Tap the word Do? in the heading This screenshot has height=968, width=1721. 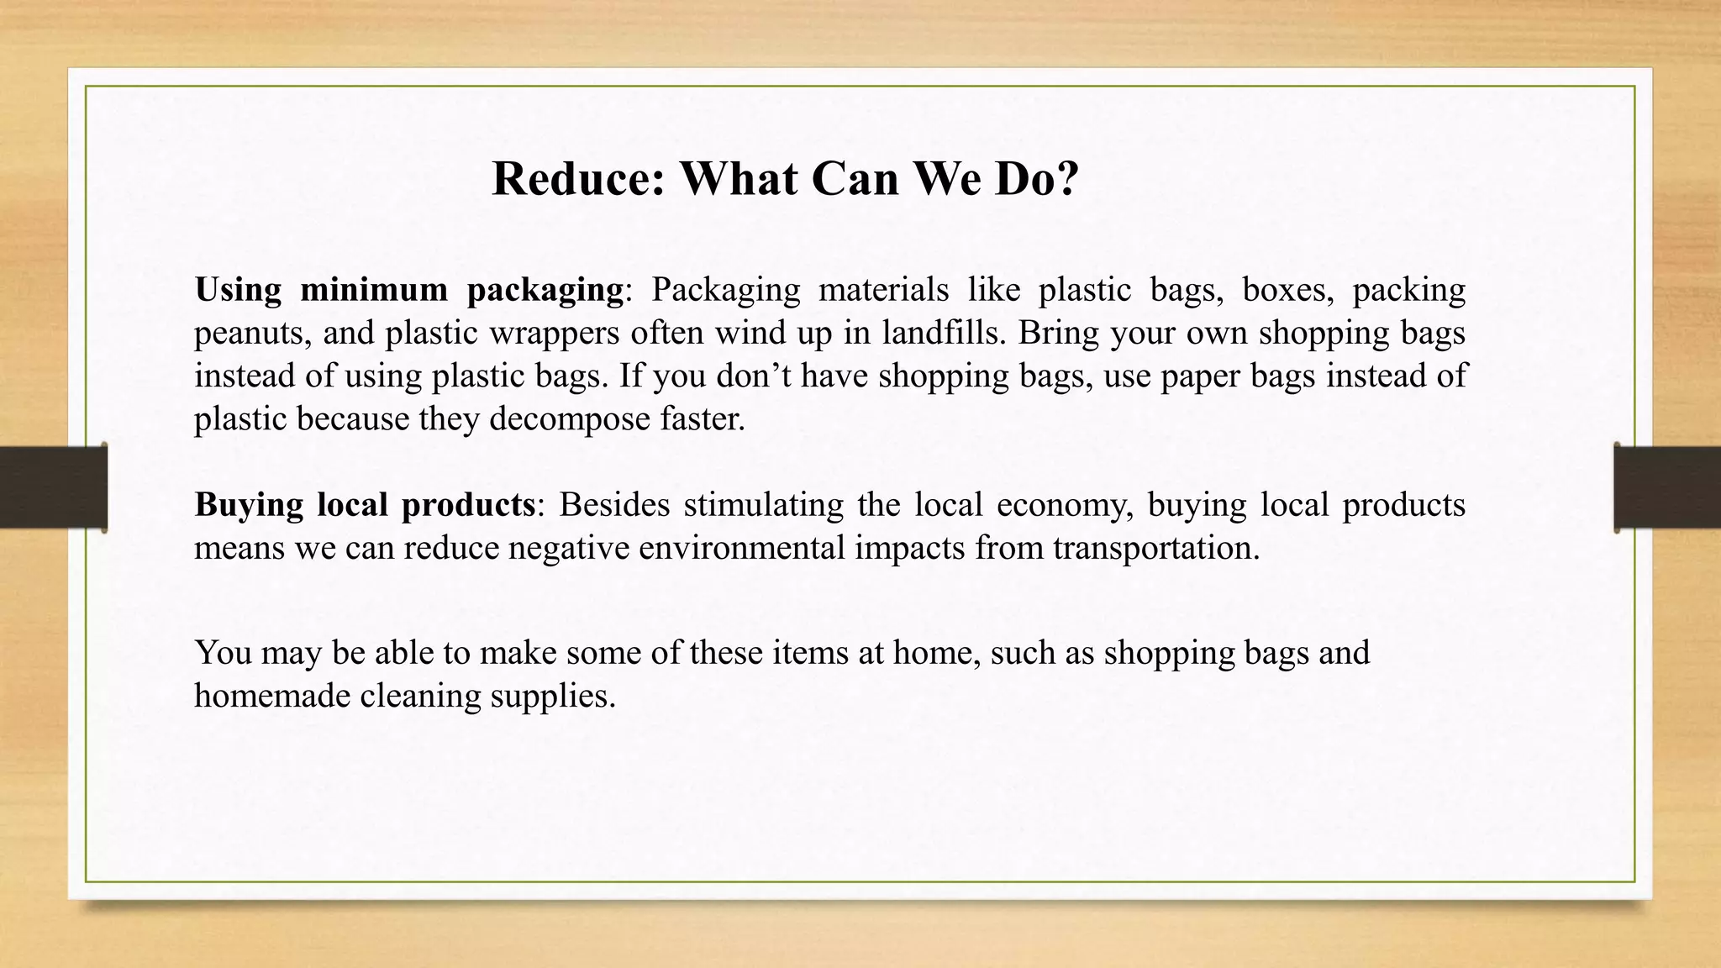1037,179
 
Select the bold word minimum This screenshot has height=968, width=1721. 374,290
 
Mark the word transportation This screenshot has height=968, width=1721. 1155,549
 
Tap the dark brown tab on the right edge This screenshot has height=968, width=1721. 1667,487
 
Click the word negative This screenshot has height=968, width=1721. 568,549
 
